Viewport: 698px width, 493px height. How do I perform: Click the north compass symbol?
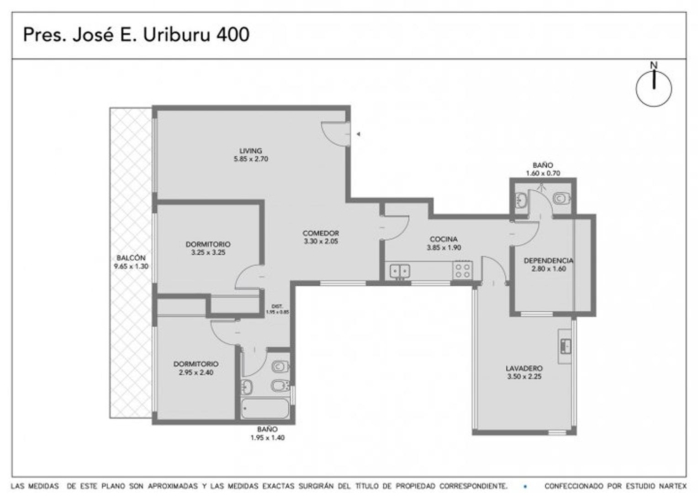(654, 88)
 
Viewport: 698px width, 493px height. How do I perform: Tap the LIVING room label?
(251, 151)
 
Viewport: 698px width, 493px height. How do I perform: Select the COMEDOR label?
(321, 233)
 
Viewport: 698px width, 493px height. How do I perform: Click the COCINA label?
(444, 239)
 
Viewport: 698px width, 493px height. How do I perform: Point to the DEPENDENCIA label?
(548, 261)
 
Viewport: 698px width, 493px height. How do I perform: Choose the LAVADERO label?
(524, 368)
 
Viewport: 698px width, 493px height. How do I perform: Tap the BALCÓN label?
(131, 258)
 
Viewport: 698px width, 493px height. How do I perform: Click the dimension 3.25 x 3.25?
(208, 252)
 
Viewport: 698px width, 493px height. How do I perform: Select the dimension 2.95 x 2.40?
(196, 372)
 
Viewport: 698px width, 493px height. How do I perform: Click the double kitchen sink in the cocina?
(400, 271)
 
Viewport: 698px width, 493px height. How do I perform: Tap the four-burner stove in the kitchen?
(463, 270)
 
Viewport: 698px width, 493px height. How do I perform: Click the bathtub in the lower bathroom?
(265, 409)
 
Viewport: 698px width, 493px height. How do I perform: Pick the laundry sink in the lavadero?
(566, 346)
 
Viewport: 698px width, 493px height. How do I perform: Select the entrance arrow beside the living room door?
(359, 134)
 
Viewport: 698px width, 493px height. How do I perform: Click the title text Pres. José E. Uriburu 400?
(136, 35)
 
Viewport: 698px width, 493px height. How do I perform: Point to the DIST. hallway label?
(277, 306)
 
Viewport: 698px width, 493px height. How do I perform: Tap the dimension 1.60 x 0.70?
(543, 173)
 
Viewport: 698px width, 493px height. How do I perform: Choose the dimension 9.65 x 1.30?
(131, 266)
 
